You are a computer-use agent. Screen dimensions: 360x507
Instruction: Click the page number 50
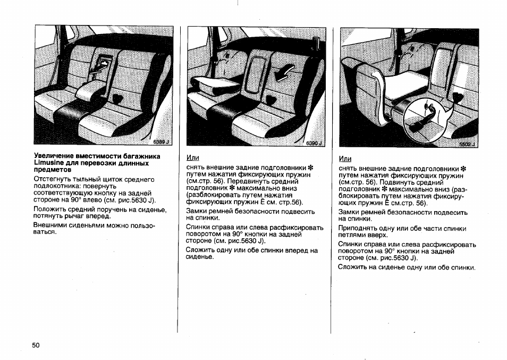coord(36,345)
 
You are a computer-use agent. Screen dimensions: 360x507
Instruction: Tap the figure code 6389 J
coord(160,142)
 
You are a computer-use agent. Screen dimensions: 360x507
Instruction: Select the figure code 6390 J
coord(314,143)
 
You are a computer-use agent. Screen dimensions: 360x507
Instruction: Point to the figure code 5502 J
coord(468,144)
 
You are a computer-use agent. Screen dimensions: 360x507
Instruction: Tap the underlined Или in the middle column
coord(192,158)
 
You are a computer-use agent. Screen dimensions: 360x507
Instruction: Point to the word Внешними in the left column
coord(52,225)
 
